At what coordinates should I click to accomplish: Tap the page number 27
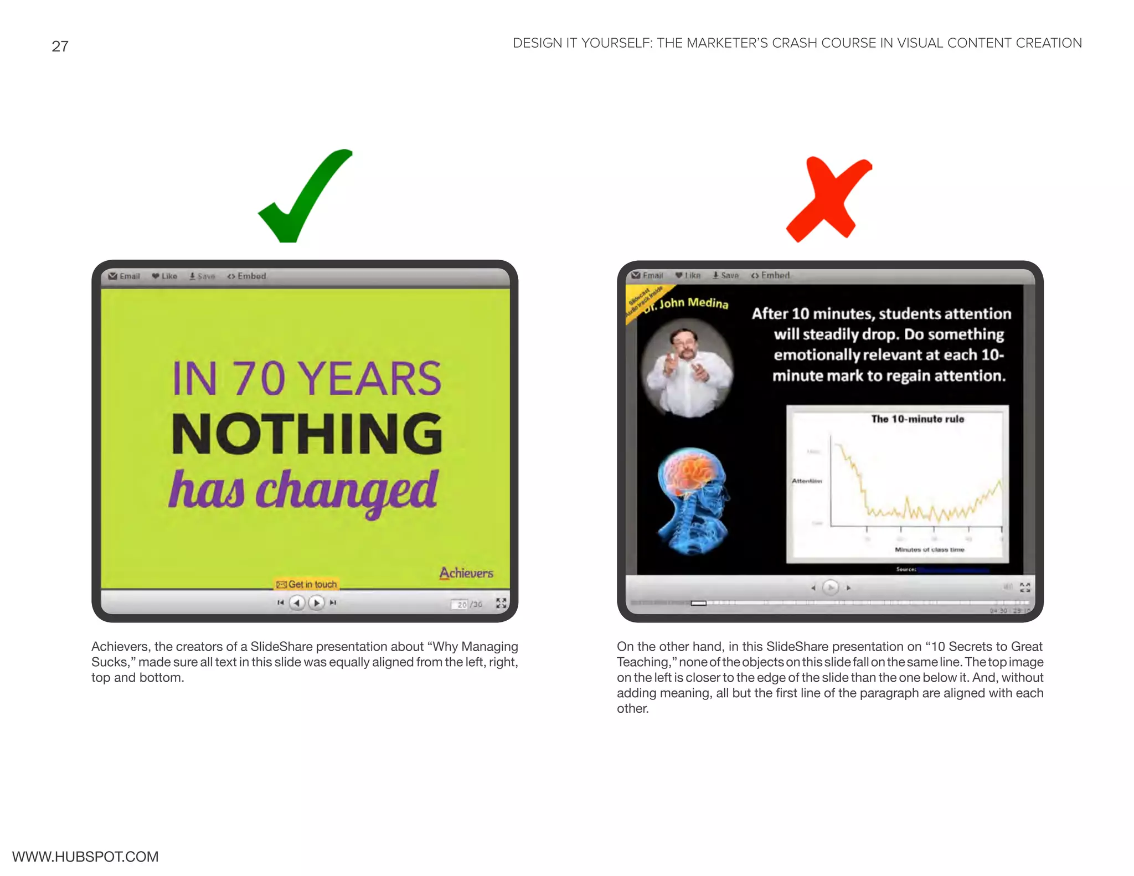coord(60,47)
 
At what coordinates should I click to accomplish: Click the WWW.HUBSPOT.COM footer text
coord(85,856)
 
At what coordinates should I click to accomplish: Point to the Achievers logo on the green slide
coord(466,573)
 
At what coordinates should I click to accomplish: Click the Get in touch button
coord(307,584)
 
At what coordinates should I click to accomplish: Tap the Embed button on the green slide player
coord(247,276)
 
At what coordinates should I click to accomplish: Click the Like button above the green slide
coord(164,276)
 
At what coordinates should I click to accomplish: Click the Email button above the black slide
coord(647,275)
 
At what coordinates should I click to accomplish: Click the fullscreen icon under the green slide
coord(501,603)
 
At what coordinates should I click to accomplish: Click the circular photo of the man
coord(688,368)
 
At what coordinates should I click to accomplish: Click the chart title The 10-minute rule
coord(917,419)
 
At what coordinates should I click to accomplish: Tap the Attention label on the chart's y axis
coord(806,481)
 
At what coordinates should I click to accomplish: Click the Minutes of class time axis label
coord(929,549)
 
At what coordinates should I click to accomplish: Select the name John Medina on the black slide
coord(693,303)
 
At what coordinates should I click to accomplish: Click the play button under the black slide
coord(830,587)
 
